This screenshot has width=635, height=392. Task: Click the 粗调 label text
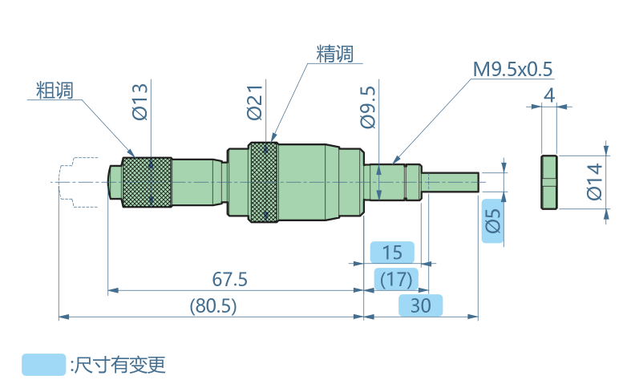pos(55,90)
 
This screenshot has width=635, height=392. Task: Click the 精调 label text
pos(334,54)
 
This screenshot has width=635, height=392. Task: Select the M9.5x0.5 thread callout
pos(513,69)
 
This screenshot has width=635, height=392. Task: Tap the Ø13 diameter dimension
pos(140,101)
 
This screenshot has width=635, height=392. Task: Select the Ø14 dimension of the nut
pos(593,181)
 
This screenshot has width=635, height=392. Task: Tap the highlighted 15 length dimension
pos(391,253)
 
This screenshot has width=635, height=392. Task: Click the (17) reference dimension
pos(396,280)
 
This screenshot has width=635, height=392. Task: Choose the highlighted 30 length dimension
pos(420,305)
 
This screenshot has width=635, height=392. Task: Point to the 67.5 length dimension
pos(230,280)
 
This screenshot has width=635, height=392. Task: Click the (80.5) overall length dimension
pos(212,305)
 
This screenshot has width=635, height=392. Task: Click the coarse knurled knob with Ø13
pos(147,182)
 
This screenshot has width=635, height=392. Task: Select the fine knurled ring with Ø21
pos(263,182)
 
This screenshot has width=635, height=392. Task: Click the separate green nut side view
pos(548,182)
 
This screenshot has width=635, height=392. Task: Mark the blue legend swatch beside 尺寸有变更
pos(44,365)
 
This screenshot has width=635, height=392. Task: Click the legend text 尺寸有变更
pos(119,366)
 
